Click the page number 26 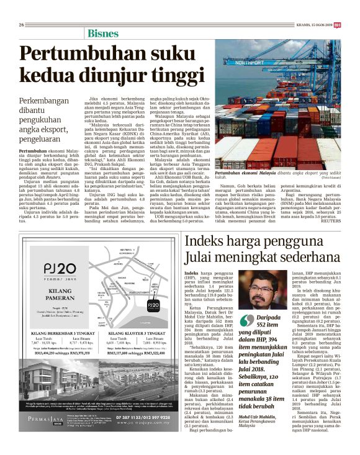click(x=21, y=7)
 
